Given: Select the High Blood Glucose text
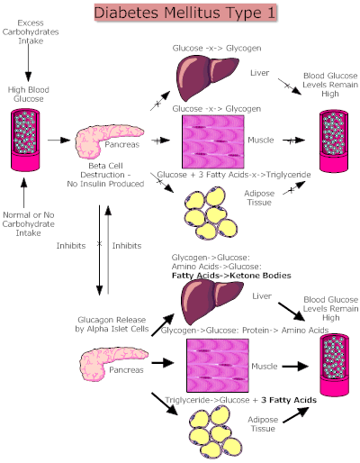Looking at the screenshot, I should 29,94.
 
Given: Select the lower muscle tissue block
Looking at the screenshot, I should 212,364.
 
